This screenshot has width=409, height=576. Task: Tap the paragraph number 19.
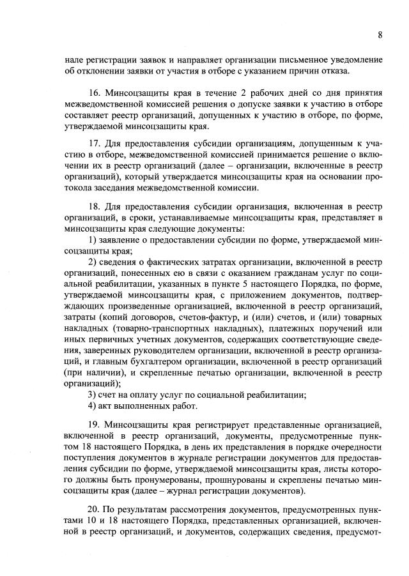(95, 424)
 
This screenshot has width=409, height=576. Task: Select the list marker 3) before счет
(92, 394)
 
